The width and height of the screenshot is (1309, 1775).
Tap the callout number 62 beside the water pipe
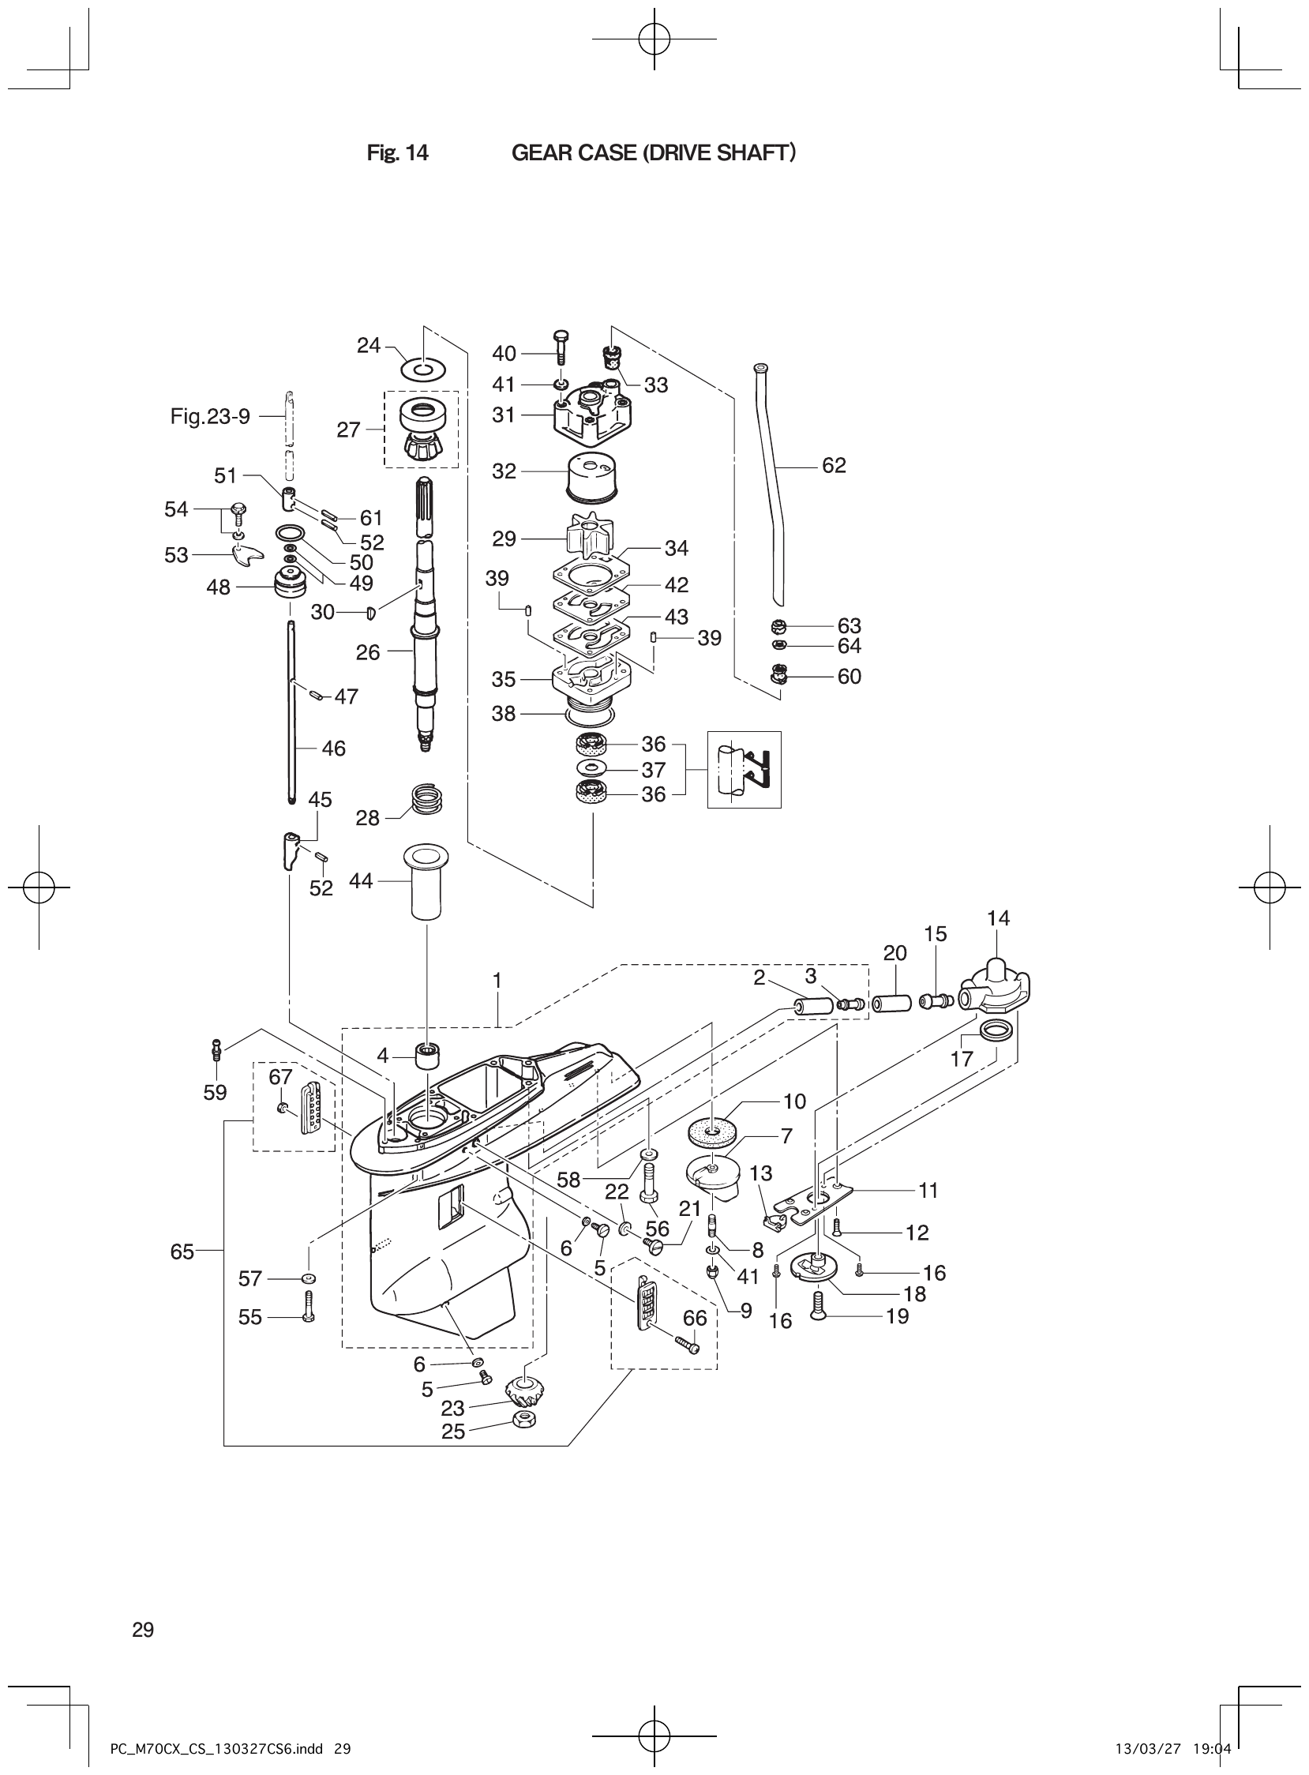point(834,466)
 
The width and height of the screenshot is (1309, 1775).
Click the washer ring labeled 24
point(424,370)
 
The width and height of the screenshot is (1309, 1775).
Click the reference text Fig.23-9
point(210,416)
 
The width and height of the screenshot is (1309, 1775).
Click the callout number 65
point(182,1252)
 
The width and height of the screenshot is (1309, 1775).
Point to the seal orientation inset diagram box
point(743,768)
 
